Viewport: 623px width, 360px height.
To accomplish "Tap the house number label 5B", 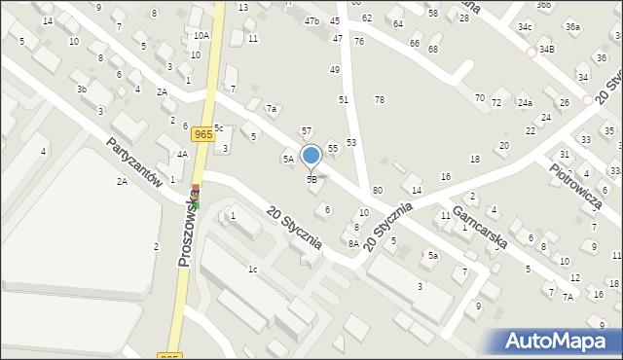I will pyautogui.click(x=311, y=179).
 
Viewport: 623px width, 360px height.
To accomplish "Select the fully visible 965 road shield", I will pyautogui.click(x=202, y=135).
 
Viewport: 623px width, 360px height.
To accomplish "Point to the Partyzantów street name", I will pyautogui.click(x=134, y=167).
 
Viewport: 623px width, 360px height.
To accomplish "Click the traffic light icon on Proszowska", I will pyautogui.click(x=195, y=198).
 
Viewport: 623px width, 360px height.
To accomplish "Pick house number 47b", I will pyautogui.click(x=311, y=20).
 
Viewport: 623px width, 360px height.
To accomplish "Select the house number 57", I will pyautogui.click(x=306, y=130).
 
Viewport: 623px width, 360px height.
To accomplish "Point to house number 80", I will pyautogui.click(x=377, y=189).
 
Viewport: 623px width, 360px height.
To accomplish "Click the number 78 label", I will pyautogui.click(x=380, y=100).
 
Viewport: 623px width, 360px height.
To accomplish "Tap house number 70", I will pyautogui.click(x=479, y=98).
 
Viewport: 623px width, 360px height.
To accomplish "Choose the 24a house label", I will pyautogui.click(x=525, y=102).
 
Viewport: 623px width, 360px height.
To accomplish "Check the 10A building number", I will pyautogui.click(x=201, y=35).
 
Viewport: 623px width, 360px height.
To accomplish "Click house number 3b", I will pyautogui.click(x=83, y=90).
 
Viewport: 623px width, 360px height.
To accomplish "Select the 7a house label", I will pyautogui.click(x=273, y=108).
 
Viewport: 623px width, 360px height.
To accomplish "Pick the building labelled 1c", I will pyautogui.click(x=252, y=269).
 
